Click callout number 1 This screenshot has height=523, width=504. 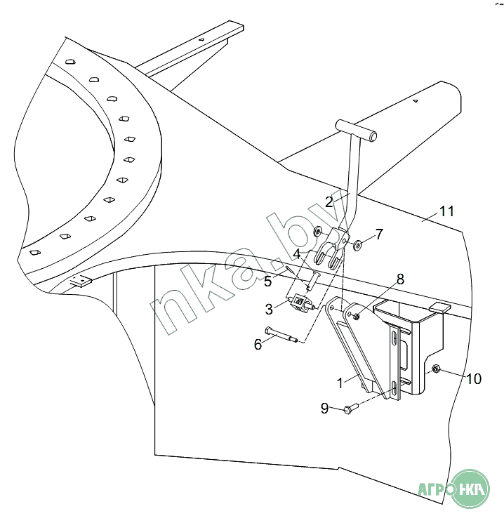click(x=340, y=383)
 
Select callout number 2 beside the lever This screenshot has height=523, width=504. click(x=329, y=202)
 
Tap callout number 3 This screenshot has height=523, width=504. click(x=269, y=309)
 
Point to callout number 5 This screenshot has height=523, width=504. click(x=268, y=282)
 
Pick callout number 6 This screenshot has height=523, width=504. click(x=258, y=345)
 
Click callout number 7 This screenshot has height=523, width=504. click(x=379, y=234)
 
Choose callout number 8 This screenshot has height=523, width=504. click(x=400, y=279)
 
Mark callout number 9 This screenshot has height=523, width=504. click(x=324, y=409)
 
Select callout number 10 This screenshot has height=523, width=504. click(x=474, y=379)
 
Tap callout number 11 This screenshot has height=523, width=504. click(x=446, y=211)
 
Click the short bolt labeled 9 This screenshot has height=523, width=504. click(x=350, y=409)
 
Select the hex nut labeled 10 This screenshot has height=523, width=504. click(x=436, y=369)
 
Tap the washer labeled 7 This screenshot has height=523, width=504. click(x=358, y=246)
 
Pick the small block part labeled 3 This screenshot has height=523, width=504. click(x=301, y=303)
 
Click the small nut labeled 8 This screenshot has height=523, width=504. click(x=356, y=316)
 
